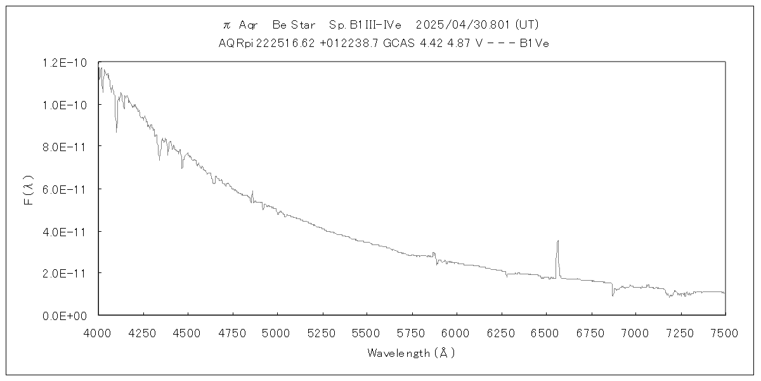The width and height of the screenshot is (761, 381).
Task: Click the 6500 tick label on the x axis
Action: click(545, 333)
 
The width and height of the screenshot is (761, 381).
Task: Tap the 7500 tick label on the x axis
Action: click(725, 333)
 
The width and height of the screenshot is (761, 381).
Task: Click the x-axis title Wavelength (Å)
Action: click(411, 353)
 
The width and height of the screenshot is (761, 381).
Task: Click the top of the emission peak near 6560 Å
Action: click(557, 241)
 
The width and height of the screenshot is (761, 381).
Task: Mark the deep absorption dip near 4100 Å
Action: click(116, 131)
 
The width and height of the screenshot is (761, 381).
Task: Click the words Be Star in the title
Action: click(294, 25)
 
